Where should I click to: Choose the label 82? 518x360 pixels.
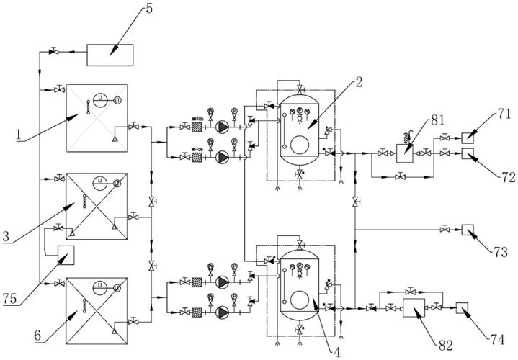(x=445, y=344)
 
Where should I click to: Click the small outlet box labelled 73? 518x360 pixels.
(x=467, y=230)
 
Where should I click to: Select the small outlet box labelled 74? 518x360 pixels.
(x=462, y=307)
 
